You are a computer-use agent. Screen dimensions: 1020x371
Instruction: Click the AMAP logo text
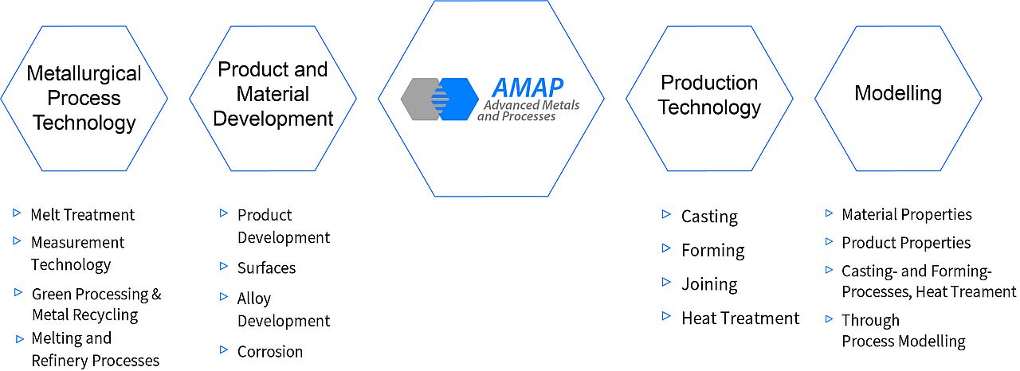click(x=528, y=88)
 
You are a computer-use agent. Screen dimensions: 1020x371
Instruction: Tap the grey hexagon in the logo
click(x=420, y=99)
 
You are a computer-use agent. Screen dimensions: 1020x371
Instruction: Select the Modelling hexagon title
click(x=898, y=93)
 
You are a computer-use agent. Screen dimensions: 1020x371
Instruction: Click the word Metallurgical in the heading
click(x=84, y=74)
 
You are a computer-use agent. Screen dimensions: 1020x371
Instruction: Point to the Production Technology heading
click(x=709, y=95)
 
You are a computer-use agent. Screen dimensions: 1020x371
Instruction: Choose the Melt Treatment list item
click(x=82, y=215)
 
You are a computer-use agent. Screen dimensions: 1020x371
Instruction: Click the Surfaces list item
click(x=266, y=268)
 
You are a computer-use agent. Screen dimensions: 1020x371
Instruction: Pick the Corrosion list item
click(x=270, y=351)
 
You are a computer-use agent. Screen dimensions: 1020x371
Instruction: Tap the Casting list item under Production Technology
click(x=709, y=217)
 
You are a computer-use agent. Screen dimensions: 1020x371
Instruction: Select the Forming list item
click(x=713, y=251)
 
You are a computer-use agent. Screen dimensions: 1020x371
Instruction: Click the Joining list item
click(x=709, y=284)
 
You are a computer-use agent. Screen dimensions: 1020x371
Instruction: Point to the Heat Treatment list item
click(x=740, y=318)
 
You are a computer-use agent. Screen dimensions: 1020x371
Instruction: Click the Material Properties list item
click(x=907, y=215)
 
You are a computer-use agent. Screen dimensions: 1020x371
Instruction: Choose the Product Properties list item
click(x=906, y=243)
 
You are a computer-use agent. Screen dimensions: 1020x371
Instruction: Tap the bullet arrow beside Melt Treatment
click(x=17, y=213)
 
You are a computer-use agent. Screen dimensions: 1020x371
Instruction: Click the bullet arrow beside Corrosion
click(x=224, y=350)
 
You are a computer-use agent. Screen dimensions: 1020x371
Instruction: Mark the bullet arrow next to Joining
click(x=666, y=282)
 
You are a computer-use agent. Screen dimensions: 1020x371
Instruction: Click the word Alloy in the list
click(x=254, y=299)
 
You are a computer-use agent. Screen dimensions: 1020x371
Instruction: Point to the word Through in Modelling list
click(x=871, y=321)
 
